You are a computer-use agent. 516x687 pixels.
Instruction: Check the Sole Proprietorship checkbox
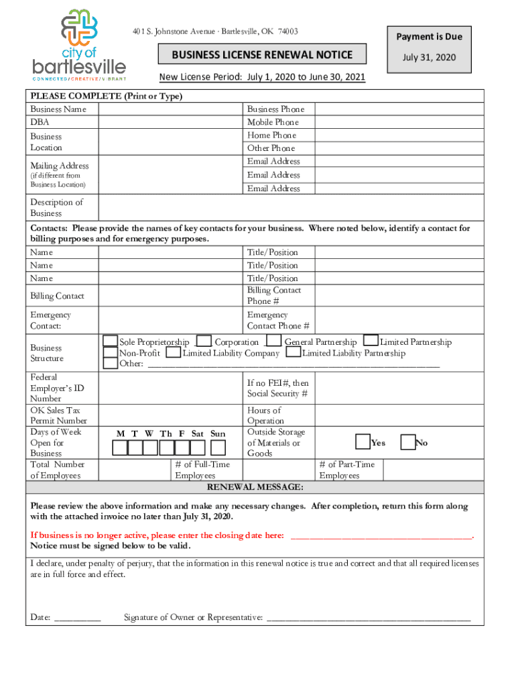pyautogui.click(x=111, y=342)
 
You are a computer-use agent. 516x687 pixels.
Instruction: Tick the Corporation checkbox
pyautogui.click(x=205, y=342)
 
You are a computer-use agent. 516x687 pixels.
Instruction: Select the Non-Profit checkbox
pyautogui.click(x=111, y=353)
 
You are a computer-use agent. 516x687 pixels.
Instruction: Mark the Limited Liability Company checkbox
pyautogui.click(x=173, y=353)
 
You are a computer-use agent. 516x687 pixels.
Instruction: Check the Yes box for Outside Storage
pyautogui.click(x=363, y=442)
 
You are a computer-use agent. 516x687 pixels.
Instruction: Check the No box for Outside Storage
pyautogui.click(x=407, y=442)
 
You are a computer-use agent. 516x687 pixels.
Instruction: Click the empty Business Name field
pyautogui.click(x=171, y=109)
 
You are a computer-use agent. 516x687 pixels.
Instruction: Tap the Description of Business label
pyautogui.click(x=56, y=207)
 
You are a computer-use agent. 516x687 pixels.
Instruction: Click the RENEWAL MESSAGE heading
pyautogui.click(x=255, y=486)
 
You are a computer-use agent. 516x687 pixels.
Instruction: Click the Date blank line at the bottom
pyautogui.click(x=77, y=617)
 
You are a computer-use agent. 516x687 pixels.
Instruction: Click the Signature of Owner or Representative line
pyautogui.click(x=369, y=617)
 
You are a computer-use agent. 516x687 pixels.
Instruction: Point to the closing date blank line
pyautogui.click(x=381, y=535)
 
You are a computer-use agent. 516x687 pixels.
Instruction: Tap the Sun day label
pyautogui.click(x=218, y=434)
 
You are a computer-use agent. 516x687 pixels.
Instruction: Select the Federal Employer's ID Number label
pyautogui.click(x=57, y=388)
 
